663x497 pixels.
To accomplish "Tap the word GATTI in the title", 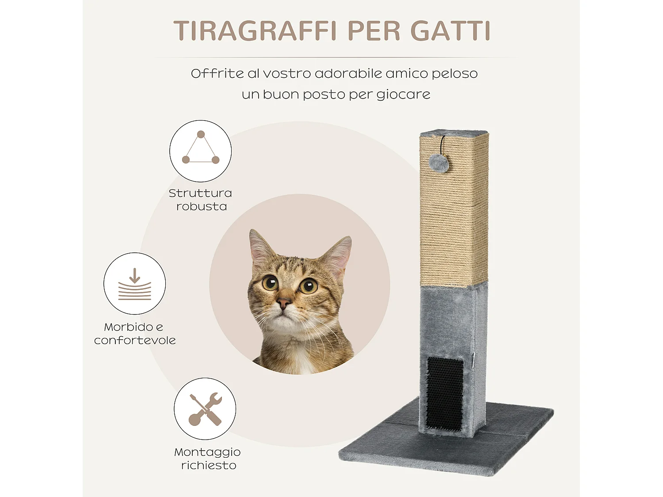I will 450,31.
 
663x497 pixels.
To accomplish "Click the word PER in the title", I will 373,31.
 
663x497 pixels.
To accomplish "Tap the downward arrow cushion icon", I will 135,284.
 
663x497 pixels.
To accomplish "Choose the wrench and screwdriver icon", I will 205,409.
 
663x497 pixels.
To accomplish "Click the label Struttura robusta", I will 201,200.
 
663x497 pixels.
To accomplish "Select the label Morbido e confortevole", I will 135,334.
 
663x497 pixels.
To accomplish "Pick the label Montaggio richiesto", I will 207,459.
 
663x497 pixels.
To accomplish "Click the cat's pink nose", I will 283,303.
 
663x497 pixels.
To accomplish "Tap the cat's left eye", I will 270,282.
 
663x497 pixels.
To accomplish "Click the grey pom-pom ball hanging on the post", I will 438,163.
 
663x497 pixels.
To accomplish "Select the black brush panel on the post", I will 445,393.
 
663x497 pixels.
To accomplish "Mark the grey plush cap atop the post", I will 453,133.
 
